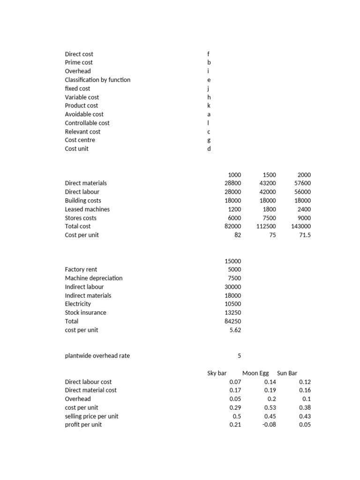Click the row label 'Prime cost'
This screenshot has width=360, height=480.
pos(79,62)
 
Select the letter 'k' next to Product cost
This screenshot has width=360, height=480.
pos(209,105)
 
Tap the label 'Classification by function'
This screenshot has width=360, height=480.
pos(97,80)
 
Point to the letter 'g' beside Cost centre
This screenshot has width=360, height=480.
pos(209,140)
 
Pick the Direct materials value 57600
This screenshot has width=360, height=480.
pos(301,183)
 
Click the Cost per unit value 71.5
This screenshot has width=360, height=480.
pos(304,235)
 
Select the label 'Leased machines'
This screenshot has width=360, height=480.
pos(87,209)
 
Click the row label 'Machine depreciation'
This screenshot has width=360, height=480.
pos(93,278)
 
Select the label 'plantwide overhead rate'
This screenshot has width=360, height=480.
pos(97,356)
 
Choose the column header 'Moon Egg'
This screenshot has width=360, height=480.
pos(255,373)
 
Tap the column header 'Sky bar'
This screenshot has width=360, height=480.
pos(217,373)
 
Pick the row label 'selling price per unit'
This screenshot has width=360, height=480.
pos(91,416)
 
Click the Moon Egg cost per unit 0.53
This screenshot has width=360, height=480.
pos(270,408)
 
